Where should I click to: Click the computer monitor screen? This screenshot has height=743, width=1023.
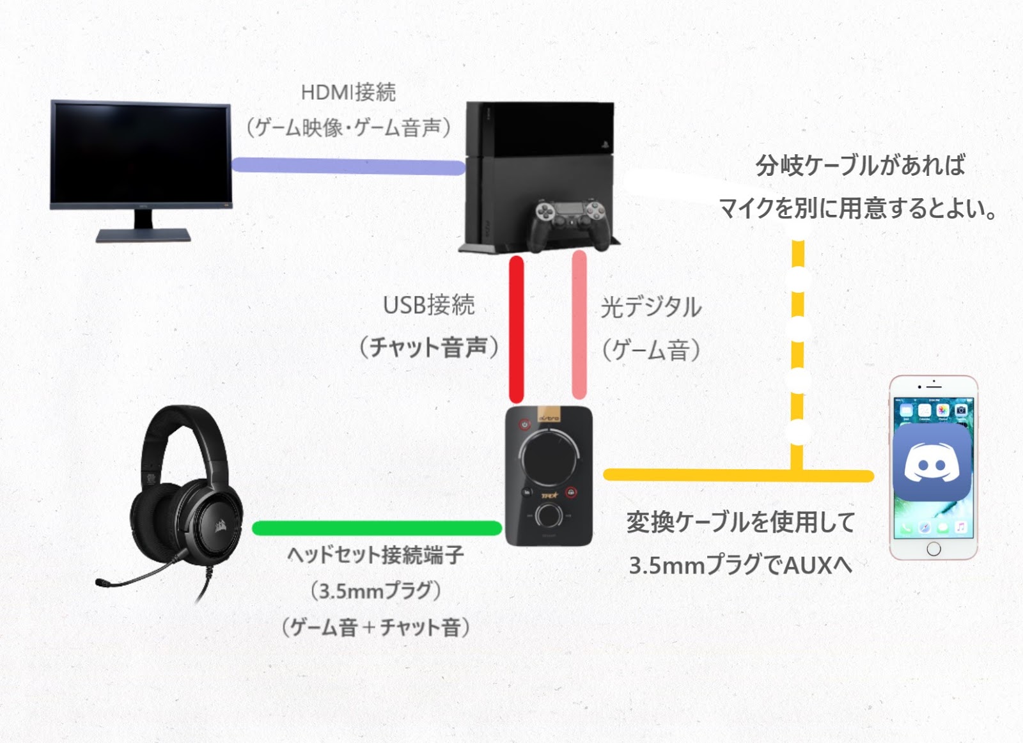(x=141, y=153)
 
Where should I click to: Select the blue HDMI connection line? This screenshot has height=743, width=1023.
(x=348, y=166)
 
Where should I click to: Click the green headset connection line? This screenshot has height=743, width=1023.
(x=377, y=528)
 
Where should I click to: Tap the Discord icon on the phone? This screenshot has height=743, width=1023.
(x=932, y=463)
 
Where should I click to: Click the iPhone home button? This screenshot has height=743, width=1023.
(x=933, y=549)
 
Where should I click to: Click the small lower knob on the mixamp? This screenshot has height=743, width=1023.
(x=549, y=514)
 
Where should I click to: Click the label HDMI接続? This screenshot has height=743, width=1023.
(x=348, y=93)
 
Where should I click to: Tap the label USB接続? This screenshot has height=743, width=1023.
(x=429, y=305)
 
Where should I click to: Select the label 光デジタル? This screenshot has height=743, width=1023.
(x=651, y=308)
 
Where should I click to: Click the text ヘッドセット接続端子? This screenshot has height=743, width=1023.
(x=376, y=554)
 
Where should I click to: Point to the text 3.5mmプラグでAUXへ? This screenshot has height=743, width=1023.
(x=740, y=565)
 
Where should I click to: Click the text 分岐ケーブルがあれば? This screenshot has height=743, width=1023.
(x=860, y=166)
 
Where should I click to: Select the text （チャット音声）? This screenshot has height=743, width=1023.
(x=429, y=348)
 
